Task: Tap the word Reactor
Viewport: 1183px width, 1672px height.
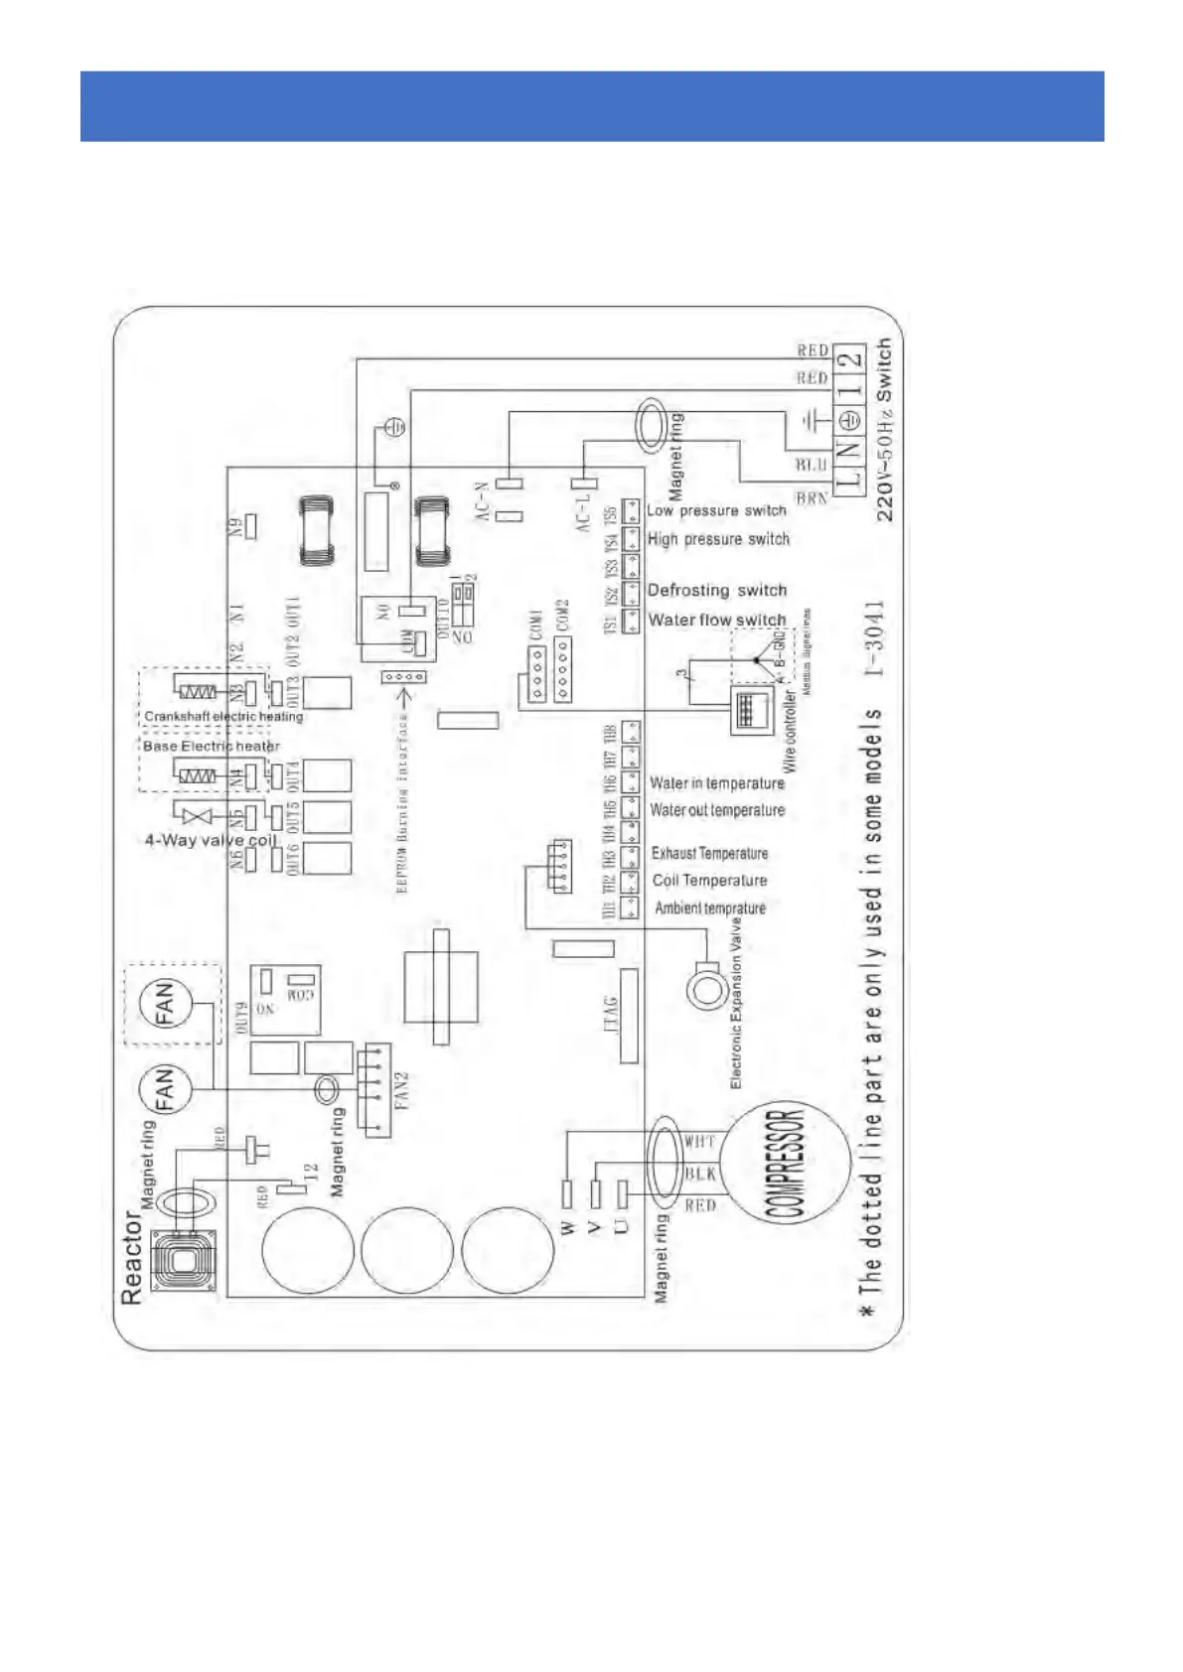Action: [x=131, y=1256]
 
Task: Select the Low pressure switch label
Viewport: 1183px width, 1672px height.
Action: [x=716, y=510]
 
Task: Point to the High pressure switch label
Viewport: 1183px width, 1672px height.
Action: [x=718, y=539]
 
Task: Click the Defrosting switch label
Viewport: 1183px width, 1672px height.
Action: [x=716, y=590]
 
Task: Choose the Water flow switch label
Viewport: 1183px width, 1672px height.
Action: [x=716, y=620]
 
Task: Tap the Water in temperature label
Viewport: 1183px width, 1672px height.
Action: [x=716, y=783]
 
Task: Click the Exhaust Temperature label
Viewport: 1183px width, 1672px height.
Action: [x=709, y=853]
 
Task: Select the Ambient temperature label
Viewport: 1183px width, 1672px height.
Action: [x=709, y=907]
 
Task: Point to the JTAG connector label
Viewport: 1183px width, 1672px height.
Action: [x=610, y=1016]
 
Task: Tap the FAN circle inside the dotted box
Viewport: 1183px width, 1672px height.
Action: [x=163, y=1003]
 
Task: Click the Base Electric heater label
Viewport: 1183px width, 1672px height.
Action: [x=211, y=746]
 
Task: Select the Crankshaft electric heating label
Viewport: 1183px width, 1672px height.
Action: [x=223, y=716]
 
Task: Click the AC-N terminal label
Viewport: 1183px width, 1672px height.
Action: [x=482, y=501]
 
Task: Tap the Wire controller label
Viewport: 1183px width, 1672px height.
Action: [x=790, y=732]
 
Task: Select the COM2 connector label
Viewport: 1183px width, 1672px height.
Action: [x=562, y=616]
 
